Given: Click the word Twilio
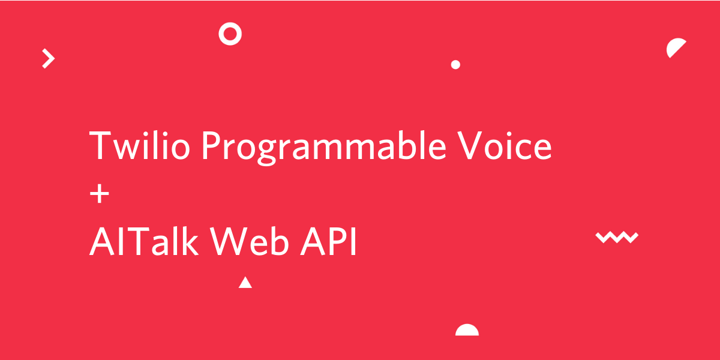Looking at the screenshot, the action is coord(140,145).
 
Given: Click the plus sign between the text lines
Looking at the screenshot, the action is coord(100,194).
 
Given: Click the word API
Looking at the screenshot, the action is coord(328,241).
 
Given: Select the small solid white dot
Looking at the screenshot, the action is coord(455,65).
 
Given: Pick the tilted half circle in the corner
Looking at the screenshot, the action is coord(674,47).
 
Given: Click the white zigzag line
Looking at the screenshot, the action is coord(617,237).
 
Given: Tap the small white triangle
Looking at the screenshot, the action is coord(245,283).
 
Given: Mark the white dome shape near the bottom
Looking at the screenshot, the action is coord(467,331).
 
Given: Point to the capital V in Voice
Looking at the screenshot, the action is coord(469,145).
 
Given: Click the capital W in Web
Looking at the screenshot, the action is coord(229,241).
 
